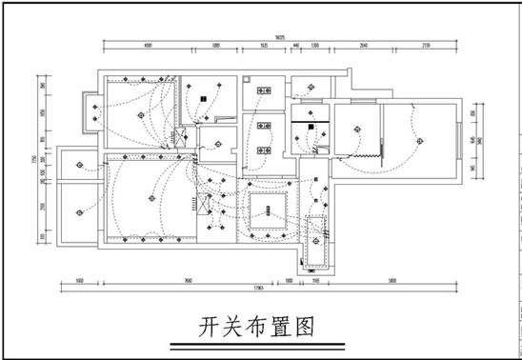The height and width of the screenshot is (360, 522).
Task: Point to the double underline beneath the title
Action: (256, 347)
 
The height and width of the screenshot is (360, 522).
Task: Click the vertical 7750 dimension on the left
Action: (34, 159)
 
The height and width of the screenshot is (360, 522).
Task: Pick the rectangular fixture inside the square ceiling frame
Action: (268, 205)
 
